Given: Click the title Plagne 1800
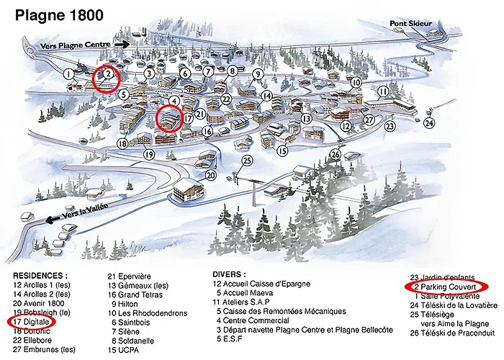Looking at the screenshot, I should pyautogui.click(x=58, y=14).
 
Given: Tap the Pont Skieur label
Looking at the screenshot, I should pyautogui.click(x=411, y=24).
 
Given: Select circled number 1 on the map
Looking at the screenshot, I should pyautogui.click(x=68, y=73).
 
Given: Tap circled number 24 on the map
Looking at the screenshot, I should pyautogui.click(x=430, y=123).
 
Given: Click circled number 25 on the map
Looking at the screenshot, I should pyautogui.click(x=248, y=161).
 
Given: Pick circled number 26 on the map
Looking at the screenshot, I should pyautogui.click(x=336, y=153).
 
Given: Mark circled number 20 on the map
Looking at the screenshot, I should pyautogui.click(x=211, y=174).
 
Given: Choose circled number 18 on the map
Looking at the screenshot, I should pyautogui.click(x=122, y=144).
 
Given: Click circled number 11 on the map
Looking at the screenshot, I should pyautogui.click(x=384, y=92).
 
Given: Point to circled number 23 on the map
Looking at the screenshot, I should pyautogui.click(x=390, y=125).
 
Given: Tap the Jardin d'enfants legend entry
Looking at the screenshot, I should pyautogui.click(x=441, y=276).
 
